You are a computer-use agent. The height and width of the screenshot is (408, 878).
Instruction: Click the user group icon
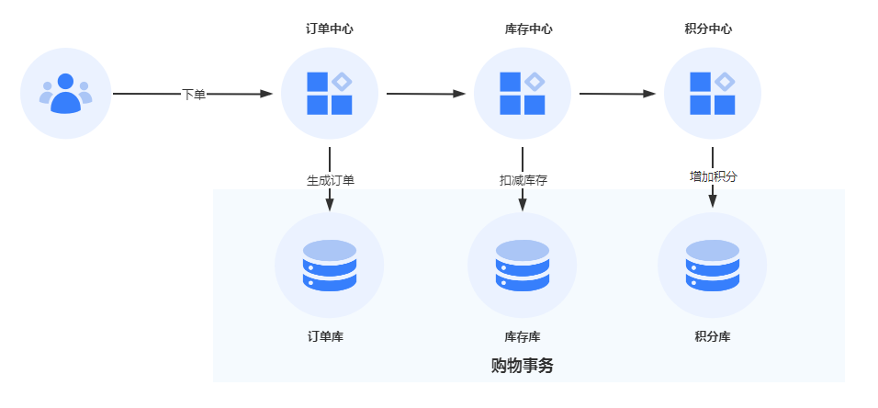65,94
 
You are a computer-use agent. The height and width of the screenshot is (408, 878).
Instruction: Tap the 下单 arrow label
194,94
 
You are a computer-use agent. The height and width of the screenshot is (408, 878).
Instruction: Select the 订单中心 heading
329,29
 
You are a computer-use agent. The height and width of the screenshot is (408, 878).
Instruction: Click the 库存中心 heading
528,29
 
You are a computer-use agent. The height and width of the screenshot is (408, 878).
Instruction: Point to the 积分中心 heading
708,29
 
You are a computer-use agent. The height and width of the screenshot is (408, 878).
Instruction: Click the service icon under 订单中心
329,94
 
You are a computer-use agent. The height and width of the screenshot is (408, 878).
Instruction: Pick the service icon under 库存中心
523,94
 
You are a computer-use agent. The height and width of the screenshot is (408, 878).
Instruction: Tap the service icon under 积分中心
713,94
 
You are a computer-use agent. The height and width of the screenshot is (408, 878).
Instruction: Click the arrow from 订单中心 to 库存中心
425,94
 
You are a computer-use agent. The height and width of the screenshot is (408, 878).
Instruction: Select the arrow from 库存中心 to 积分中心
617,94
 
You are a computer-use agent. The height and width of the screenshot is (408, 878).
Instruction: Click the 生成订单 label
331,180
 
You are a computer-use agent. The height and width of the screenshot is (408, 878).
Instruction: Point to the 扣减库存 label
523,180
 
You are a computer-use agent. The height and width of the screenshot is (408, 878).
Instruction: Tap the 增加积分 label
714,176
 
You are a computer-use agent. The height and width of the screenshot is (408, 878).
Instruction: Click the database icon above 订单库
329,266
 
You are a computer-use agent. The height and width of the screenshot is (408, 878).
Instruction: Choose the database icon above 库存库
523,266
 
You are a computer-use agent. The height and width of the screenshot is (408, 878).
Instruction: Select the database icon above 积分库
713,266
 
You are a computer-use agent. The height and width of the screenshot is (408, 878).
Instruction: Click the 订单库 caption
325,337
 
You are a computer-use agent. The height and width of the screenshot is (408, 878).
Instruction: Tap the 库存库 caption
523,337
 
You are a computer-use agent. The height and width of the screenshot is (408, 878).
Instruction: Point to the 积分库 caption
713,337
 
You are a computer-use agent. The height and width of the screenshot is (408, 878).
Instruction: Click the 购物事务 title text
523,366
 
